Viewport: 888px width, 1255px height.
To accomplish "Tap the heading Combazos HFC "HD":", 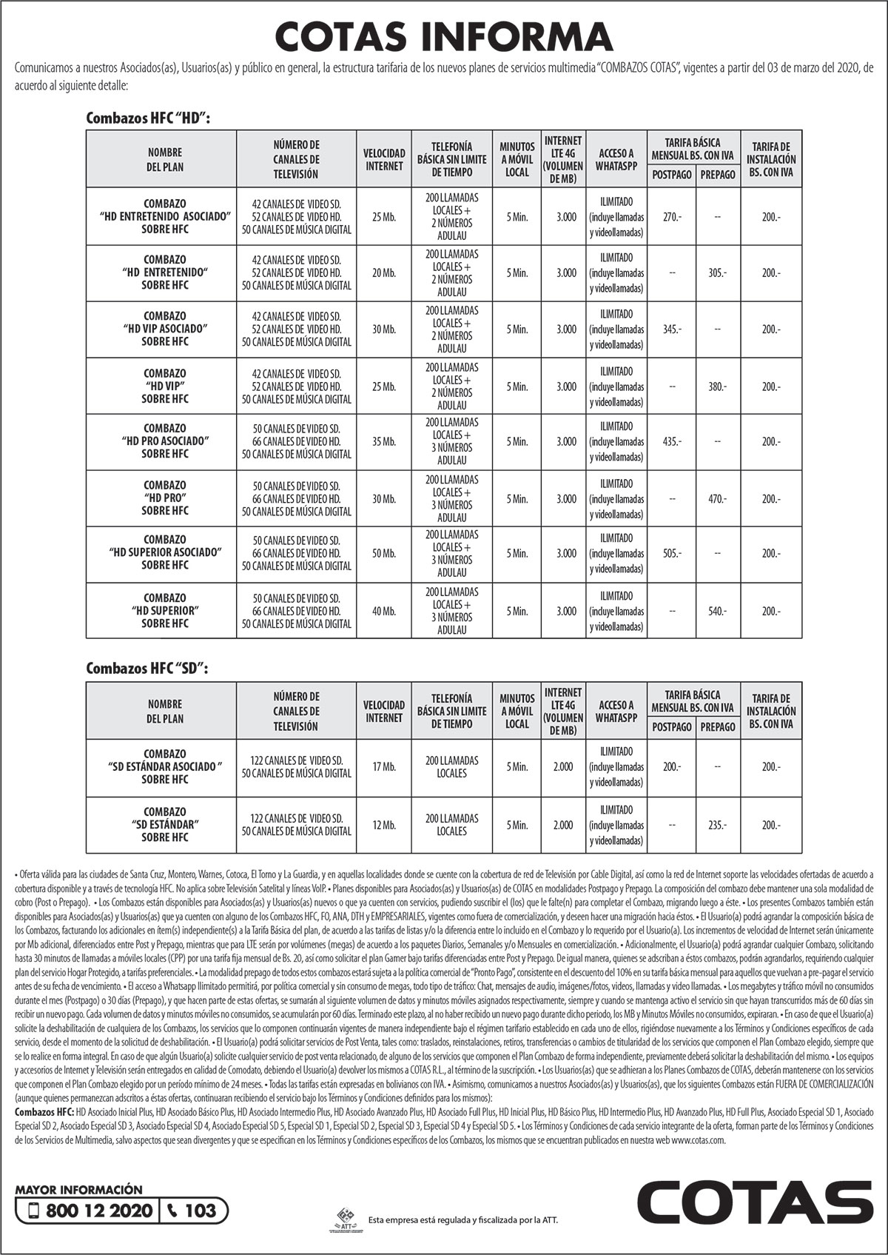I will click(x=148, y=118).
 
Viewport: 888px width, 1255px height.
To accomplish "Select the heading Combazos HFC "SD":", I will click(x=147, y=668).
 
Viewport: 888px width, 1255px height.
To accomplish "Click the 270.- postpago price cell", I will click(x=672, y=217).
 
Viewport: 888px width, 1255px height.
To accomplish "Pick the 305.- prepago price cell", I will click(x=717, y=273).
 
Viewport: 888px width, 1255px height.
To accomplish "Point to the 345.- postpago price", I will click(x=672, y=329).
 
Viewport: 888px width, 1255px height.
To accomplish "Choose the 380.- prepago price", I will click(x=717, y=386).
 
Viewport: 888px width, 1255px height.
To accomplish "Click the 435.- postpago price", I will click(x=672, y=442).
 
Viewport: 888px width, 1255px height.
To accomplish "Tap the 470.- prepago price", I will click(x=717, y=499).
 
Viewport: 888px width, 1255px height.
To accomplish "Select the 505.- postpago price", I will click(x=672, y=554).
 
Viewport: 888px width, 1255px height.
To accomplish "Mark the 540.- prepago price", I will click(x=717, y=612).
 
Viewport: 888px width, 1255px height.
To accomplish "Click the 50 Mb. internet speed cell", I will click(x=384, y=554).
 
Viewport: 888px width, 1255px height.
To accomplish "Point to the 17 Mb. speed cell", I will click(x=384, y=767).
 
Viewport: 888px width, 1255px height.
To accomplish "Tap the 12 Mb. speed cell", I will click(x=384, y=825).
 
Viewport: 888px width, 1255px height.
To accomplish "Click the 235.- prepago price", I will click(x=717, y=825).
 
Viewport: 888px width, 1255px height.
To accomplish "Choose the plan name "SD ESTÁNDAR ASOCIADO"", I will click(x=165, y=766).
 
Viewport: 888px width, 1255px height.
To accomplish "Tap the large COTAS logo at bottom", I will click(x=755, y=1204).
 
